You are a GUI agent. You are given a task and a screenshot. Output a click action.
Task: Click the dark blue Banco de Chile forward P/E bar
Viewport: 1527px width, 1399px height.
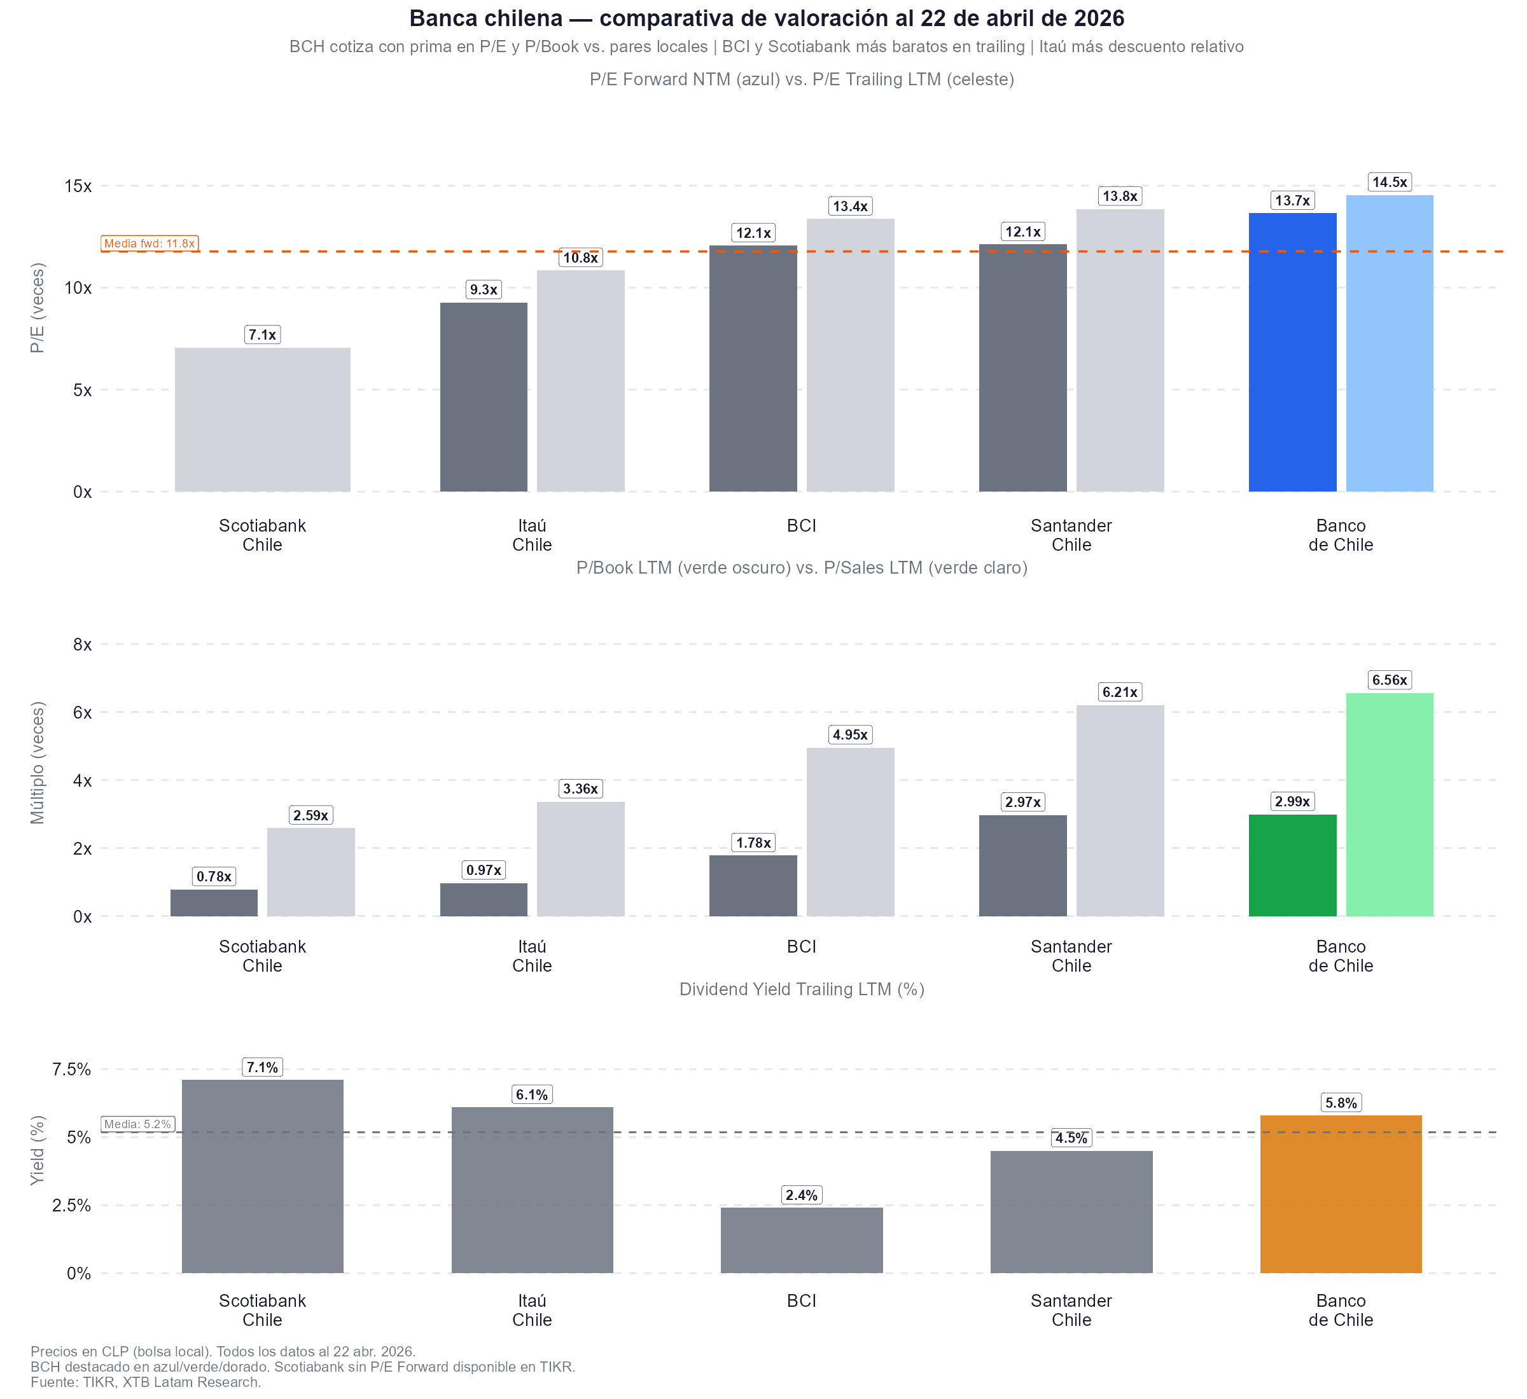point(1292,352)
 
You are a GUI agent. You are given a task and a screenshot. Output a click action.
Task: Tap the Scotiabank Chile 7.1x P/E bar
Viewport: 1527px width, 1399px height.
point(262,420)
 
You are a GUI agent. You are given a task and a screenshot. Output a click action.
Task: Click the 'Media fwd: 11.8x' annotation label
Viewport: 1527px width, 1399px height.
point(150,244)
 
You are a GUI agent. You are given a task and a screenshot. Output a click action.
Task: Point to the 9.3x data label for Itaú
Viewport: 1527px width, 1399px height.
point(484,290)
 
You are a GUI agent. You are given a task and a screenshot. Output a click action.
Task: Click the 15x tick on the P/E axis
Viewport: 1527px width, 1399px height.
point(77,186)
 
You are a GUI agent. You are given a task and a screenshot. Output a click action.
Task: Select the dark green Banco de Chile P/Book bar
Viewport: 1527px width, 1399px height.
point(1292,865)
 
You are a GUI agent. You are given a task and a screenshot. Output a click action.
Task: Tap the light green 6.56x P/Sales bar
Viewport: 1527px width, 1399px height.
point(1389,804)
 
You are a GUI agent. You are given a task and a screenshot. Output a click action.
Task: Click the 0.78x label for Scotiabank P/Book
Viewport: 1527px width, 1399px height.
point(214,877)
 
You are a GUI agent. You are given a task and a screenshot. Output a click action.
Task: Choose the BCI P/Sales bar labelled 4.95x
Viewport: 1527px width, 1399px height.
point(850,832)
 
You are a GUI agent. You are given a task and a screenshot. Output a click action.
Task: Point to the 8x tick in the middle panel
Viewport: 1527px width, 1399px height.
point(82,645)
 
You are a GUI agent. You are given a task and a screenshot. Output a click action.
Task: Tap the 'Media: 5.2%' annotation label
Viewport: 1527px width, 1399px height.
point(137,1124)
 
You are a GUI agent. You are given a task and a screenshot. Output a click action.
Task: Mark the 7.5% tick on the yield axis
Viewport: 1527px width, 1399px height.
point(71,1070)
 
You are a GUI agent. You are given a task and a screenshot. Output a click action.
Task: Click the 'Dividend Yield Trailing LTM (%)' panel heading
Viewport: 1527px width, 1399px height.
point(802,989)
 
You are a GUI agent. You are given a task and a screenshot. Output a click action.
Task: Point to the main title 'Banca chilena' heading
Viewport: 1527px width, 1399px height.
point(767,18)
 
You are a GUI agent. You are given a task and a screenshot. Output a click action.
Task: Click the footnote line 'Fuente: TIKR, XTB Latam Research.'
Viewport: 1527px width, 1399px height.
point(146,1382)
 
